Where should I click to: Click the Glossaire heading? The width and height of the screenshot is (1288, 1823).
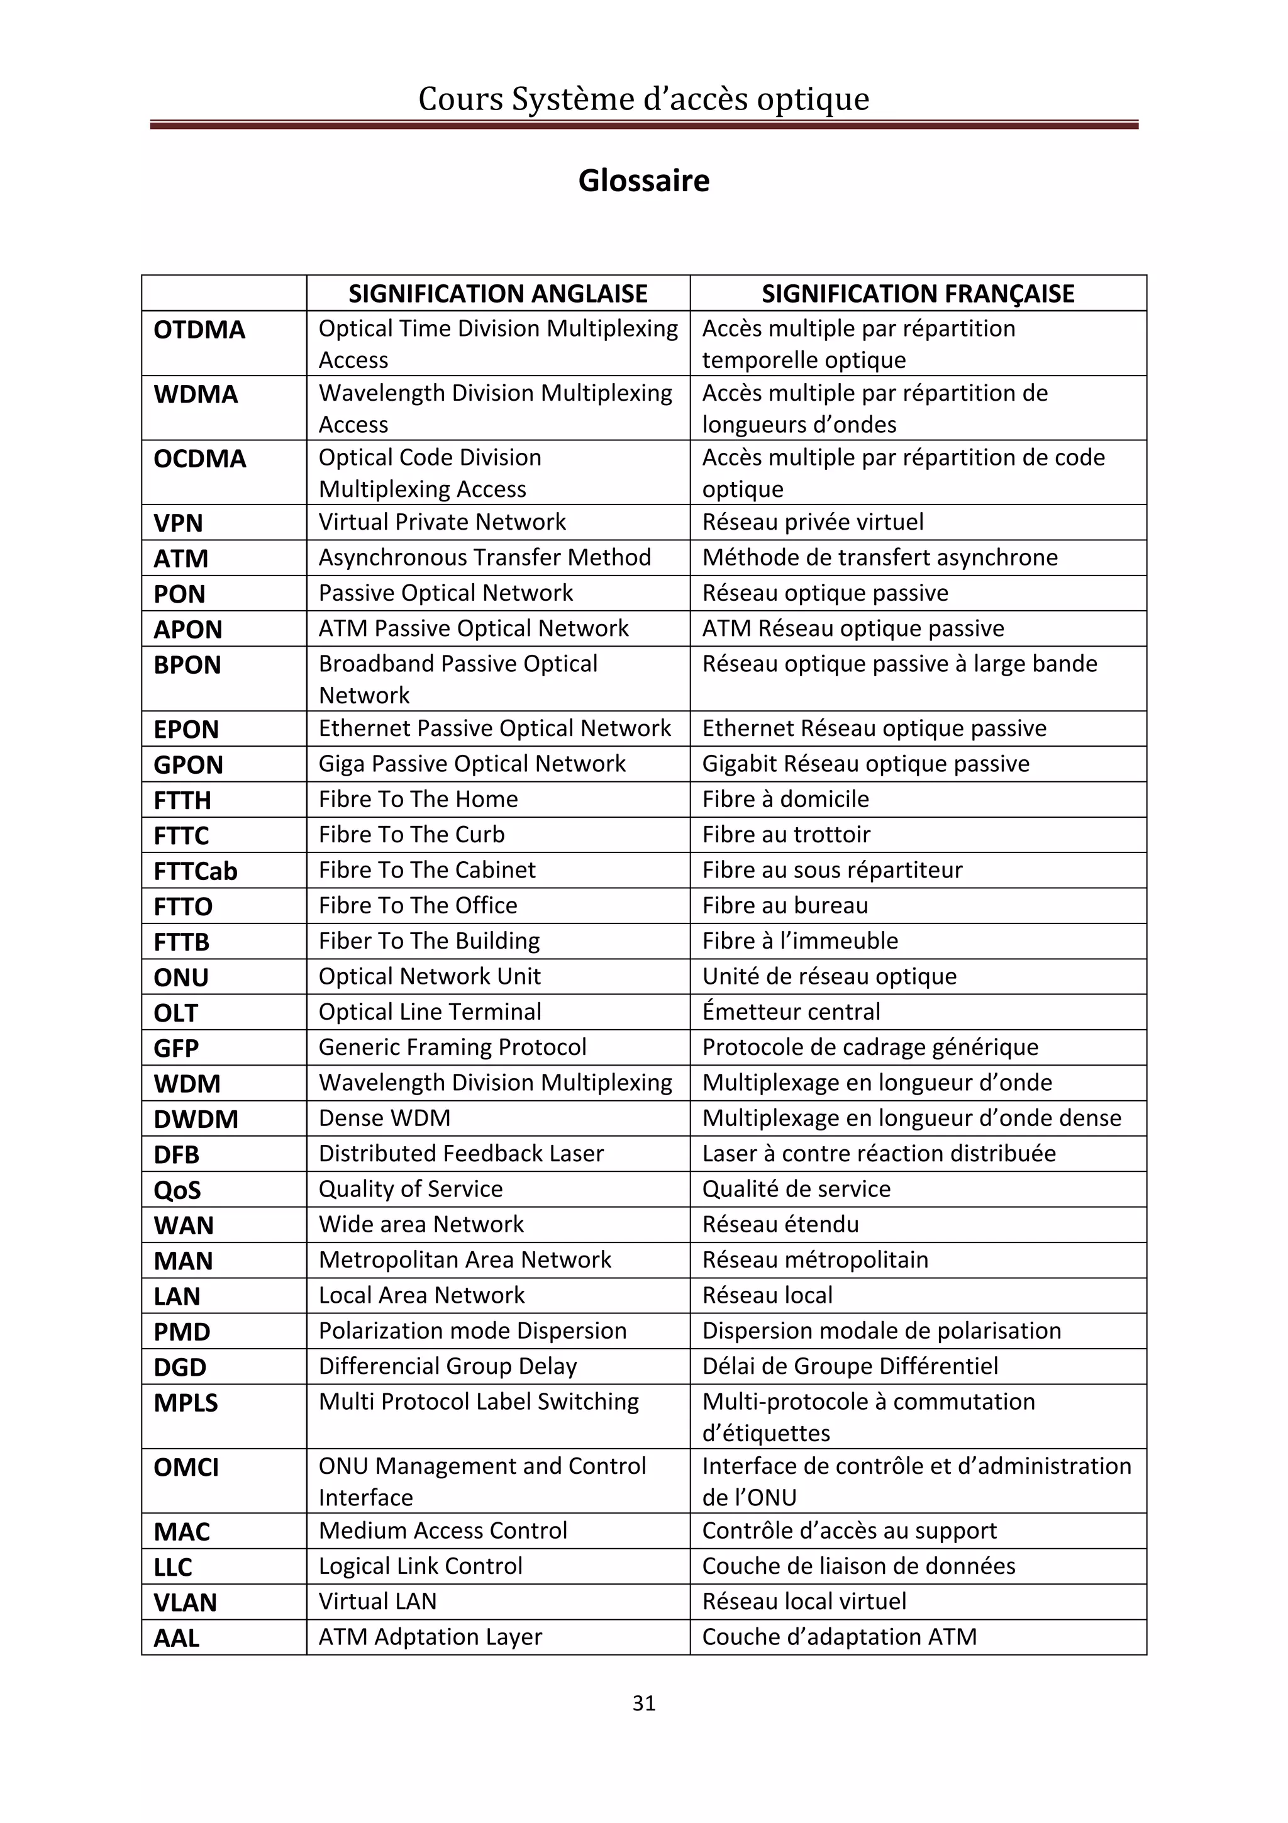(x=643, y=181)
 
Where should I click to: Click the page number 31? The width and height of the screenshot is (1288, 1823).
(x=643, y=1702)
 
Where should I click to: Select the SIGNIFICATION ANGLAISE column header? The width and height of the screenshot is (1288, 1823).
(x=497, y=294)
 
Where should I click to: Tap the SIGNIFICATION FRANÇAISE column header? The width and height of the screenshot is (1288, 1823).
(x=918, y=294)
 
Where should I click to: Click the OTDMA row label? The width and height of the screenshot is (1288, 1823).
(x=199, y=330)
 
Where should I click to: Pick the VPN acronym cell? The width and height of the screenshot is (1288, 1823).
(x=179, y=523)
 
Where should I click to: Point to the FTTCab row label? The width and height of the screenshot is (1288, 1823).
(x=195, y=871)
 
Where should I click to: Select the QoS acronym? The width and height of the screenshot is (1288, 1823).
(x=177, y=1190)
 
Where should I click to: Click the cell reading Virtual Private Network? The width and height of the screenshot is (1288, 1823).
(x=442, y=521)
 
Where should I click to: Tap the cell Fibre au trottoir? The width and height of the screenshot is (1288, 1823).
(x=786, y=835)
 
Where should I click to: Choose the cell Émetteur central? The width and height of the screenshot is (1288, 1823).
(x=791, y=1012)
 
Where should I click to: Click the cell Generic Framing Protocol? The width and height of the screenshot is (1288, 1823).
(x=452, y=1047)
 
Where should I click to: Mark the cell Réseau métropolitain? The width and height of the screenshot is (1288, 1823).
(x=815, y=1260)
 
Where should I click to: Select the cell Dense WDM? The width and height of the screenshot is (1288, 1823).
(x=384, y=1118)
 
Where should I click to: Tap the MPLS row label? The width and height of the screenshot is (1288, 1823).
(x=185, y=1403)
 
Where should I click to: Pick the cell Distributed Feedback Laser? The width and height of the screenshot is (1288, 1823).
(x=461, y=1154)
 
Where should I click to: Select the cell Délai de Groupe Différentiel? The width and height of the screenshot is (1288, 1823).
(x=850, y=1366)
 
